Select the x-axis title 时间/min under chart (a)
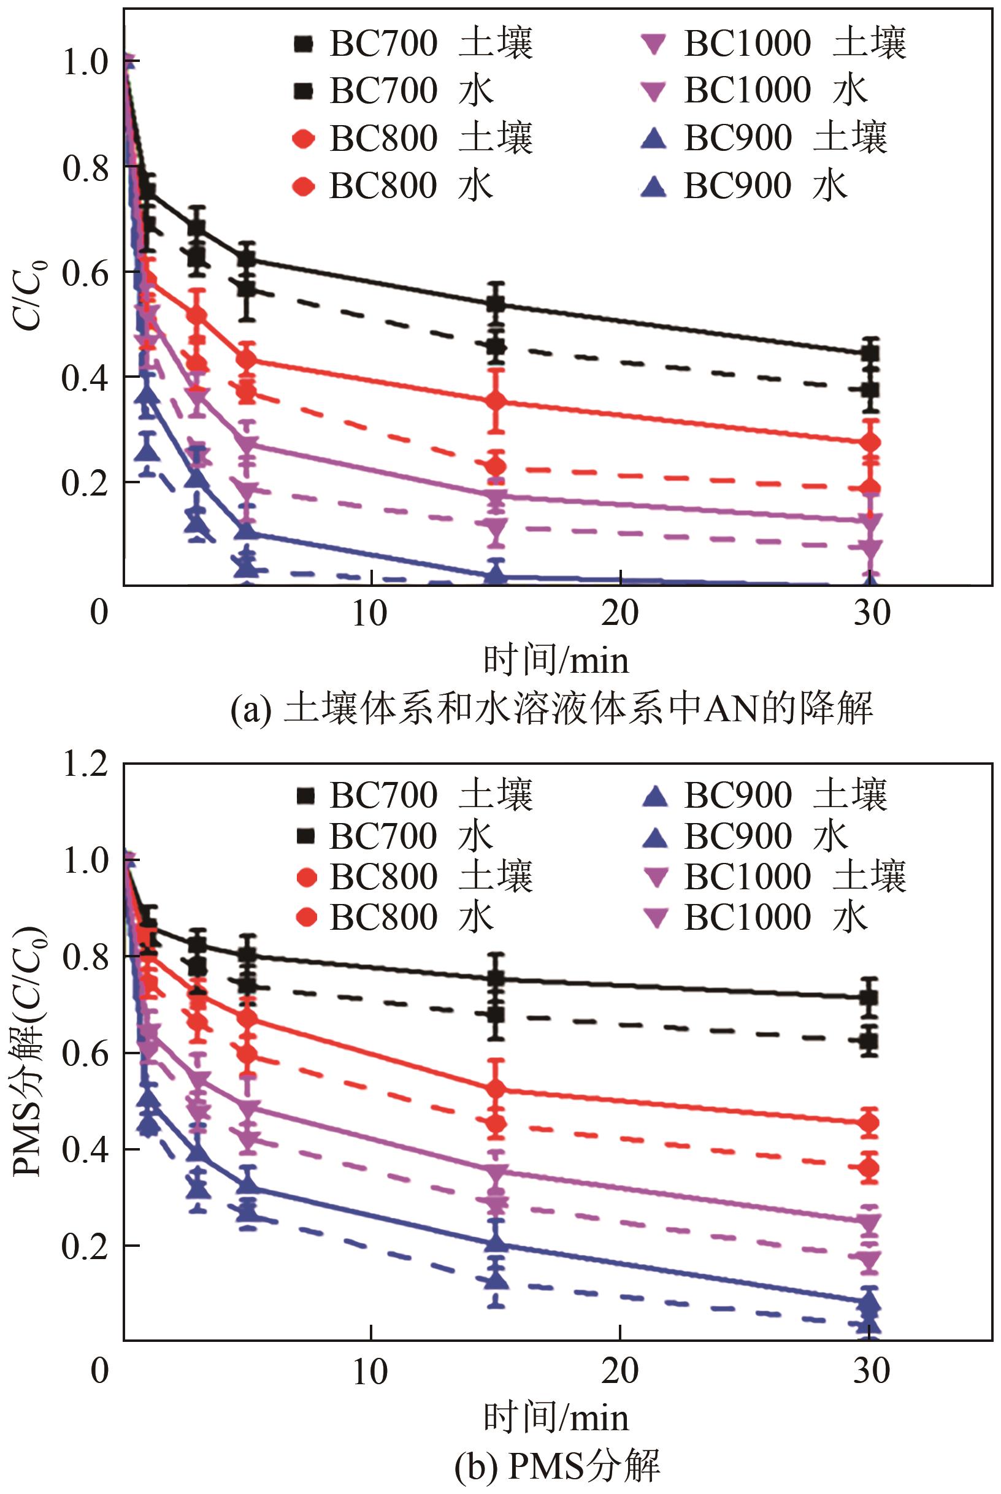tap(556, 661)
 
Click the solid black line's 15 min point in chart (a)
tap(496, 304)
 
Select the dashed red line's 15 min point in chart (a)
tap(496, 467)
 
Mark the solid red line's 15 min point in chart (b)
tap(496, 1089)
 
